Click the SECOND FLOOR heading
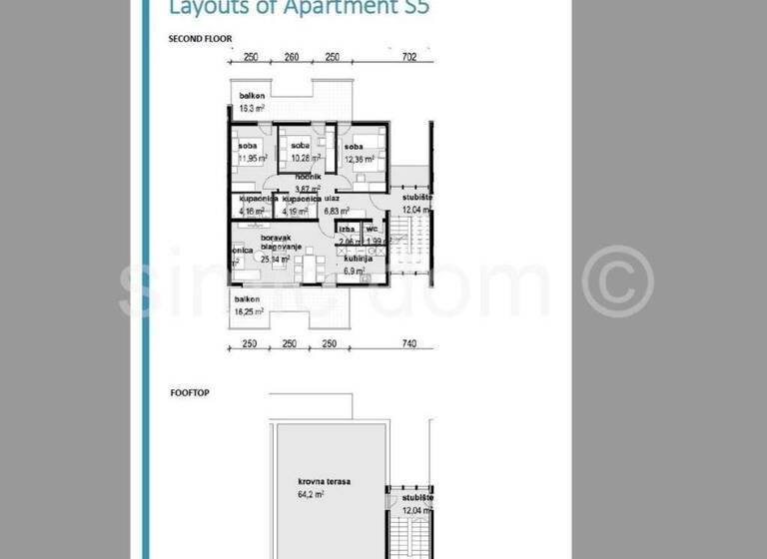click(x=200, y=39)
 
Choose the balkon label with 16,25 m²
click(x=249, y=298)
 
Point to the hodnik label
click(x=308, y=177)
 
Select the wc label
click(x=373, y=230)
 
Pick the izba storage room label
click(x=347, y=230)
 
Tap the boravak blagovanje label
click(x=277, y=246)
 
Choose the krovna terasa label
click(x=329, y=480)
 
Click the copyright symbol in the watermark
click(x=617, y=280)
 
